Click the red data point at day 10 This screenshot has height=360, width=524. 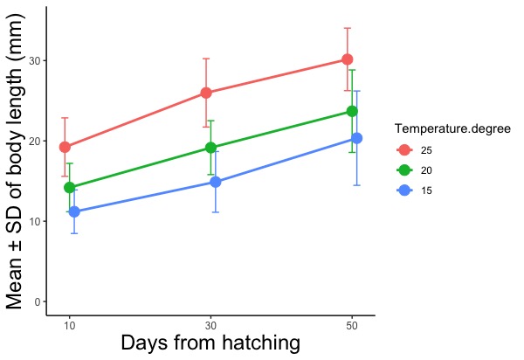65,147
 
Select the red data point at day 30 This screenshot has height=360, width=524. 206,93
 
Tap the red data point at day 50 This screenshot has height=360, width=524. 347,59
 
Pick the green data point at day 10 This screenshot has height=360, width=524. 69,188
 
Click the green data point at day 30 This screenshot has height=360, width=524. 210,148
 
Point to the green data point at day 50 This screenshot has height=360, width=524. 352,111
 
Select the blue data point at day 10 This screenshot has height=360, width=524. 74,211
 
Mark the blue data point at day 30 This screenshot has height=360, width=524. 216,182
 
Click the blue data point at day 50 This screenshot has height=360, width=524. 356,138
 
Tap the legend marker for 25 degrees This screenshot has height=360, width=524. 403,150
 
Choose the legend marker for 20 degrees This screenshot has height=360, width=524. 403,170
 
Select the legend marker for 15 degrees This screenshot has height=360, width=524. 403,190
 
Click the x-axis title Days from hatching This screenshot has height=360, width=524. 210,343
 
